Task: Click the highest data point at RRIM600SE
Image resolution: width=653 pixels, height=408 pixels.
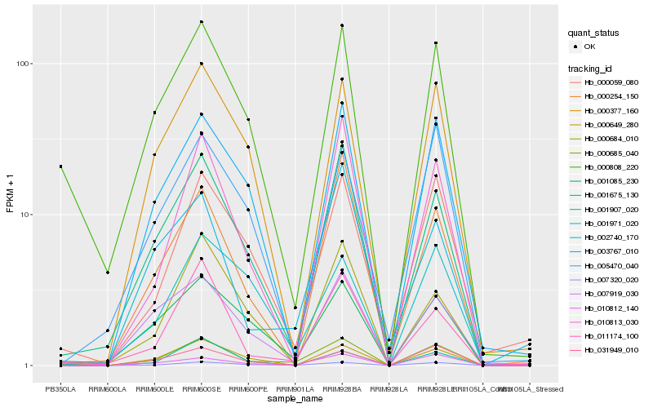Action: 201,22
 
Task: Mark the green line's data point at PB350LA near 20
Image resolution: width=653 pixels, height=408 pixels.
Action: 60,166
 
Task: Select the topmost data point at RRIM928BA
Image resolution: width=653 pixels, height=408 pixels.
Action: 342,26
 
